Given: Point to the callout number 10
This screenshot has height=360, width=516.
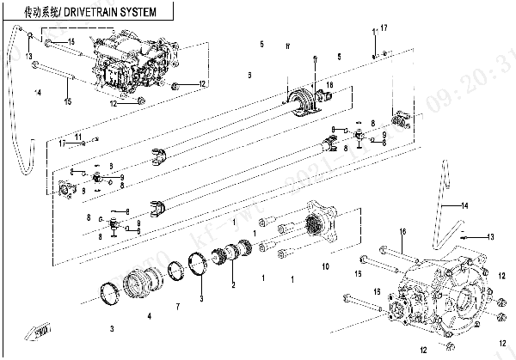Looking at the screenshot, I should (325, 267).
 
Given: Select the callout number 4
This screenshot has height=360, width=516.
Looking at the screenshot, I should (149, 315).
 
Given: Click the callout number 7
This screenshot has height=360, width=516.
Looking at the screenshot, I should (178, 307).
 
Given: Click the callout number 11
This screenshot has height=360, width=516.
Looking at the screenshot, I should (77, 137).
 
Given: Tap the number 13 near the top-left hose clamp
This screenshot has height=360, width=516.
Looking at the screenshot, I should (28, 57).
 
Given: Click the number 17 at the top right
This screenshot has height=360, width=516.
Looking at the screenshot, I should (384, 28).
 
